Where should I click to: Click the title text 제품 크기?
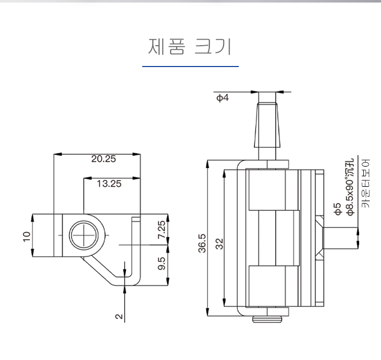[x=190, y=47]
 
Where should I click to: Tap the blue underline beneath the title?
[x=190, y=67]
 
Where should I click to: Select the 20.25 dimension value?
[x=104, y=159]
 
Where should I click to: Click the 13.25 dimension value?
[x=109, y=184]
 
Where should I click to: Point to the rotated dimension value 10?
[x=27, y=236]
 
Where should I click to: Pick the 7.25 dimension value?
[x=161, y=230]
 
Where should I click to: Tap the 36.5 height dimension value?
[x=202, y=243]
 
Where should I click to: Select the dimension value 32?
[x=219, y=244]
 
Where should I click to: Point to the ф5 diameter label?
[x=336, y=209]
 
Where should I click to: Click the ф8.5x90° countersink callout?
[x=350, y=188]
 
